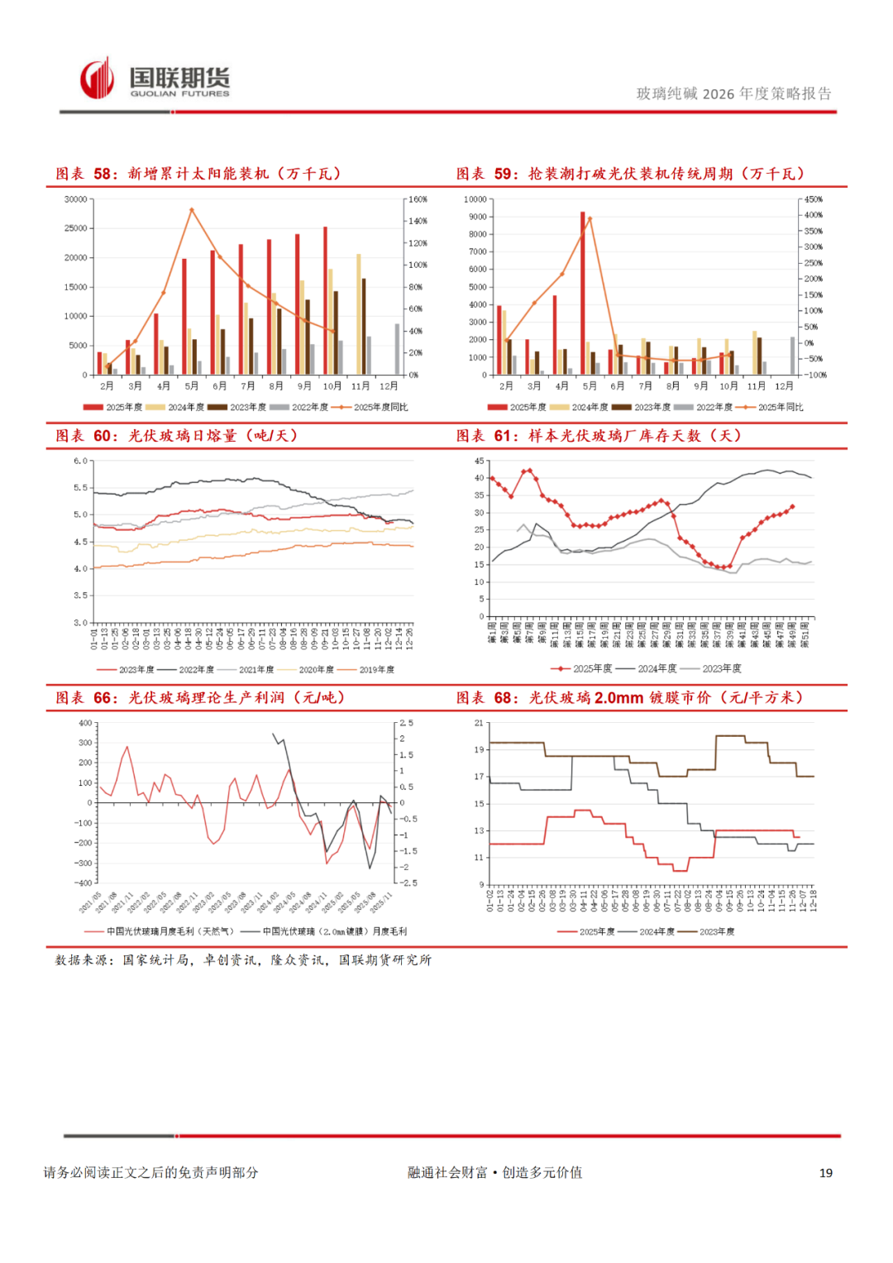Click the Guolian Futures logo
click(155, 80)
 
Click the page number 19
click(825, 1173)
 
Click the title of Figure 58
click(198, 174)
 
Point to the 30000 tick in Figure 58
click(76, 199)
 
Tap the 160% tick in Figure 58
click(418, 199)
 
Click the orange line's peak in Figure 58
click(192, 210)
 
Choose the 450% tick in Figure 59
click(814, 199)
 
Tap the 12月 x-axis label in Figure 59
click(784, 386)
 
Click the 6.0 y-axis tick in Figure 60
click(80, 461)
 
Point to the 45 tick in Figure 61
click(479, 461)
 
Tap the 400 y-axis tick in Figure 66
click(85, 723)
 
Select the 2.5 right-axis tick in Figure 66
click(406, 723)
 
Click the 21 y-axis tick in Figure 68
click(479, 723)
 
